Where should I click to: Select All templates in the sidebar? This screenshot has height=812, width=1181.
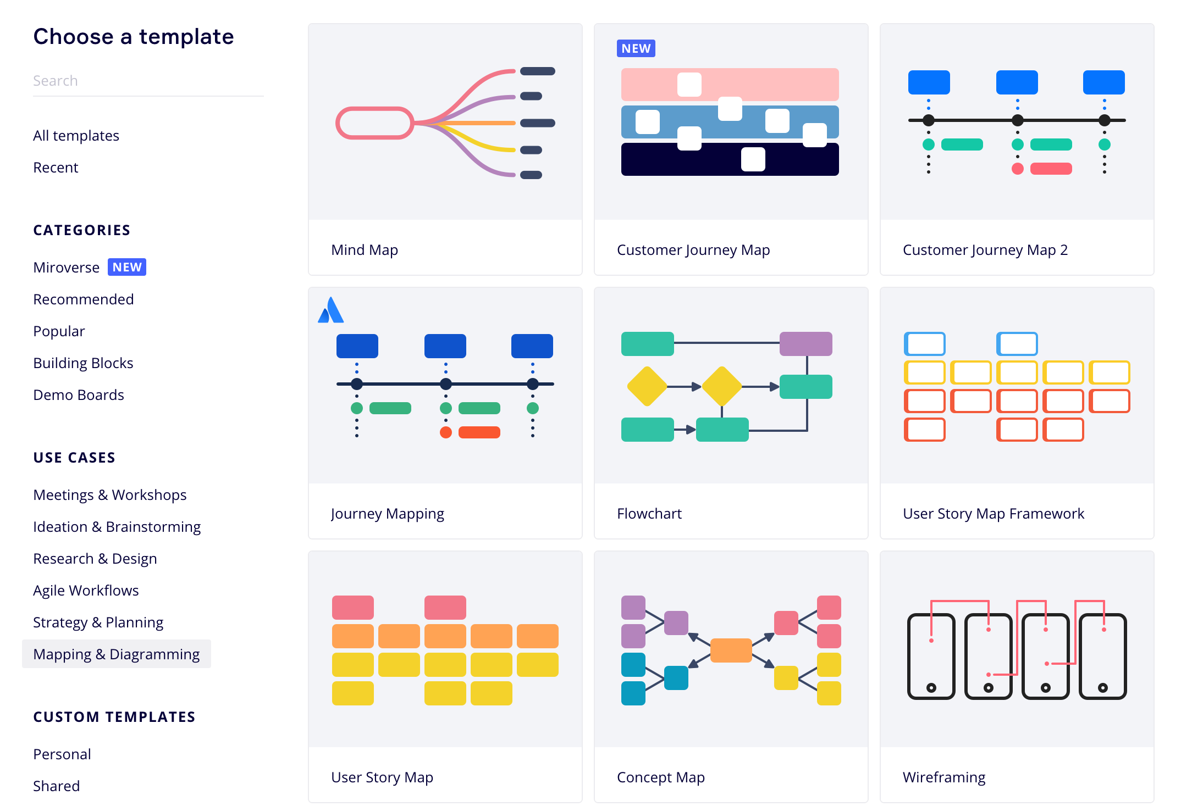coord(76,136)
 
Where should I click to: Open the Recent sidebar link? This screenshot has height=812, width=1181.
coord(56,168)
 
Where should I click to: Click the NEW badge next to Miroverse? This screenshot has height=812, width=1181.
coord(127,267)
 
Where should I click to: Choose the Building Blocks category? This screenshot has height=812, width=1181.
coord(83,363)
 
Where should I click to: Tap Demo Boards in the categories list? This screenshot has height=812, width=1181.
coord(79,395)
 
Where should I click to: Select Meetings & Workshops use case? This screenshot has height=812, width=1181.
coord(110,495)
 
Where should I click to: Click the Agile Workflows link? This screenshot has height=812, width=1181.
coord(86,591)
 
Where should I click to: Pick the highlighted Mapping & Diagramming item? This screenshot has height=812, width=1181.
coord(117,654)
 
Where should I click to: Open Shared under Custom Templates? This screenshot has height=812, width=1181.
coord(57,786)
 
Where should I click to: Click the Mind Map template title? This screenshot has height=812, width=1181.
coord(365,250)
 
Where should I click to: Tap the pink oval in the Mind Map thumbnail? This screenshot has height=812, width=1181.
coord(374,123)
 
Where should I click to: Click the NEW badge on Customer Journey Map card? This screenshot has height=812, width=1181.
coord(636,48)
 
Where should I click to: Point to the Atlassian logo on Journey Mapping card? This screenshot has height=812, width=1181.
coord(331,310)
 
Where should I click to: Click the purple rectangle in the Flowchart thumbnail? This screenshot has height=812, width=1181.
coord(805,344)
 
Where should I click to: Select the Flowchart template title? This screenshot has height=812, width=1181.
coord(649,514)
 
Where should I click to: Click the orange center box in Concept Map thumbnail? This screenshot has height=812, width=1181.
coord(731,650)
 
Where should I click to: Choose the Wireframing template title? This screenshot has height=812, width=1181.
coord(944,777)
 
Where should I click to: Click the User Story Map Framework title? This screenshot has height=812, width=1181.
coord(994,514)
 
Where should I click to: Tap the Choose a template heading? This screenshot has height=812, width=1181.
coord(134,37)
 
